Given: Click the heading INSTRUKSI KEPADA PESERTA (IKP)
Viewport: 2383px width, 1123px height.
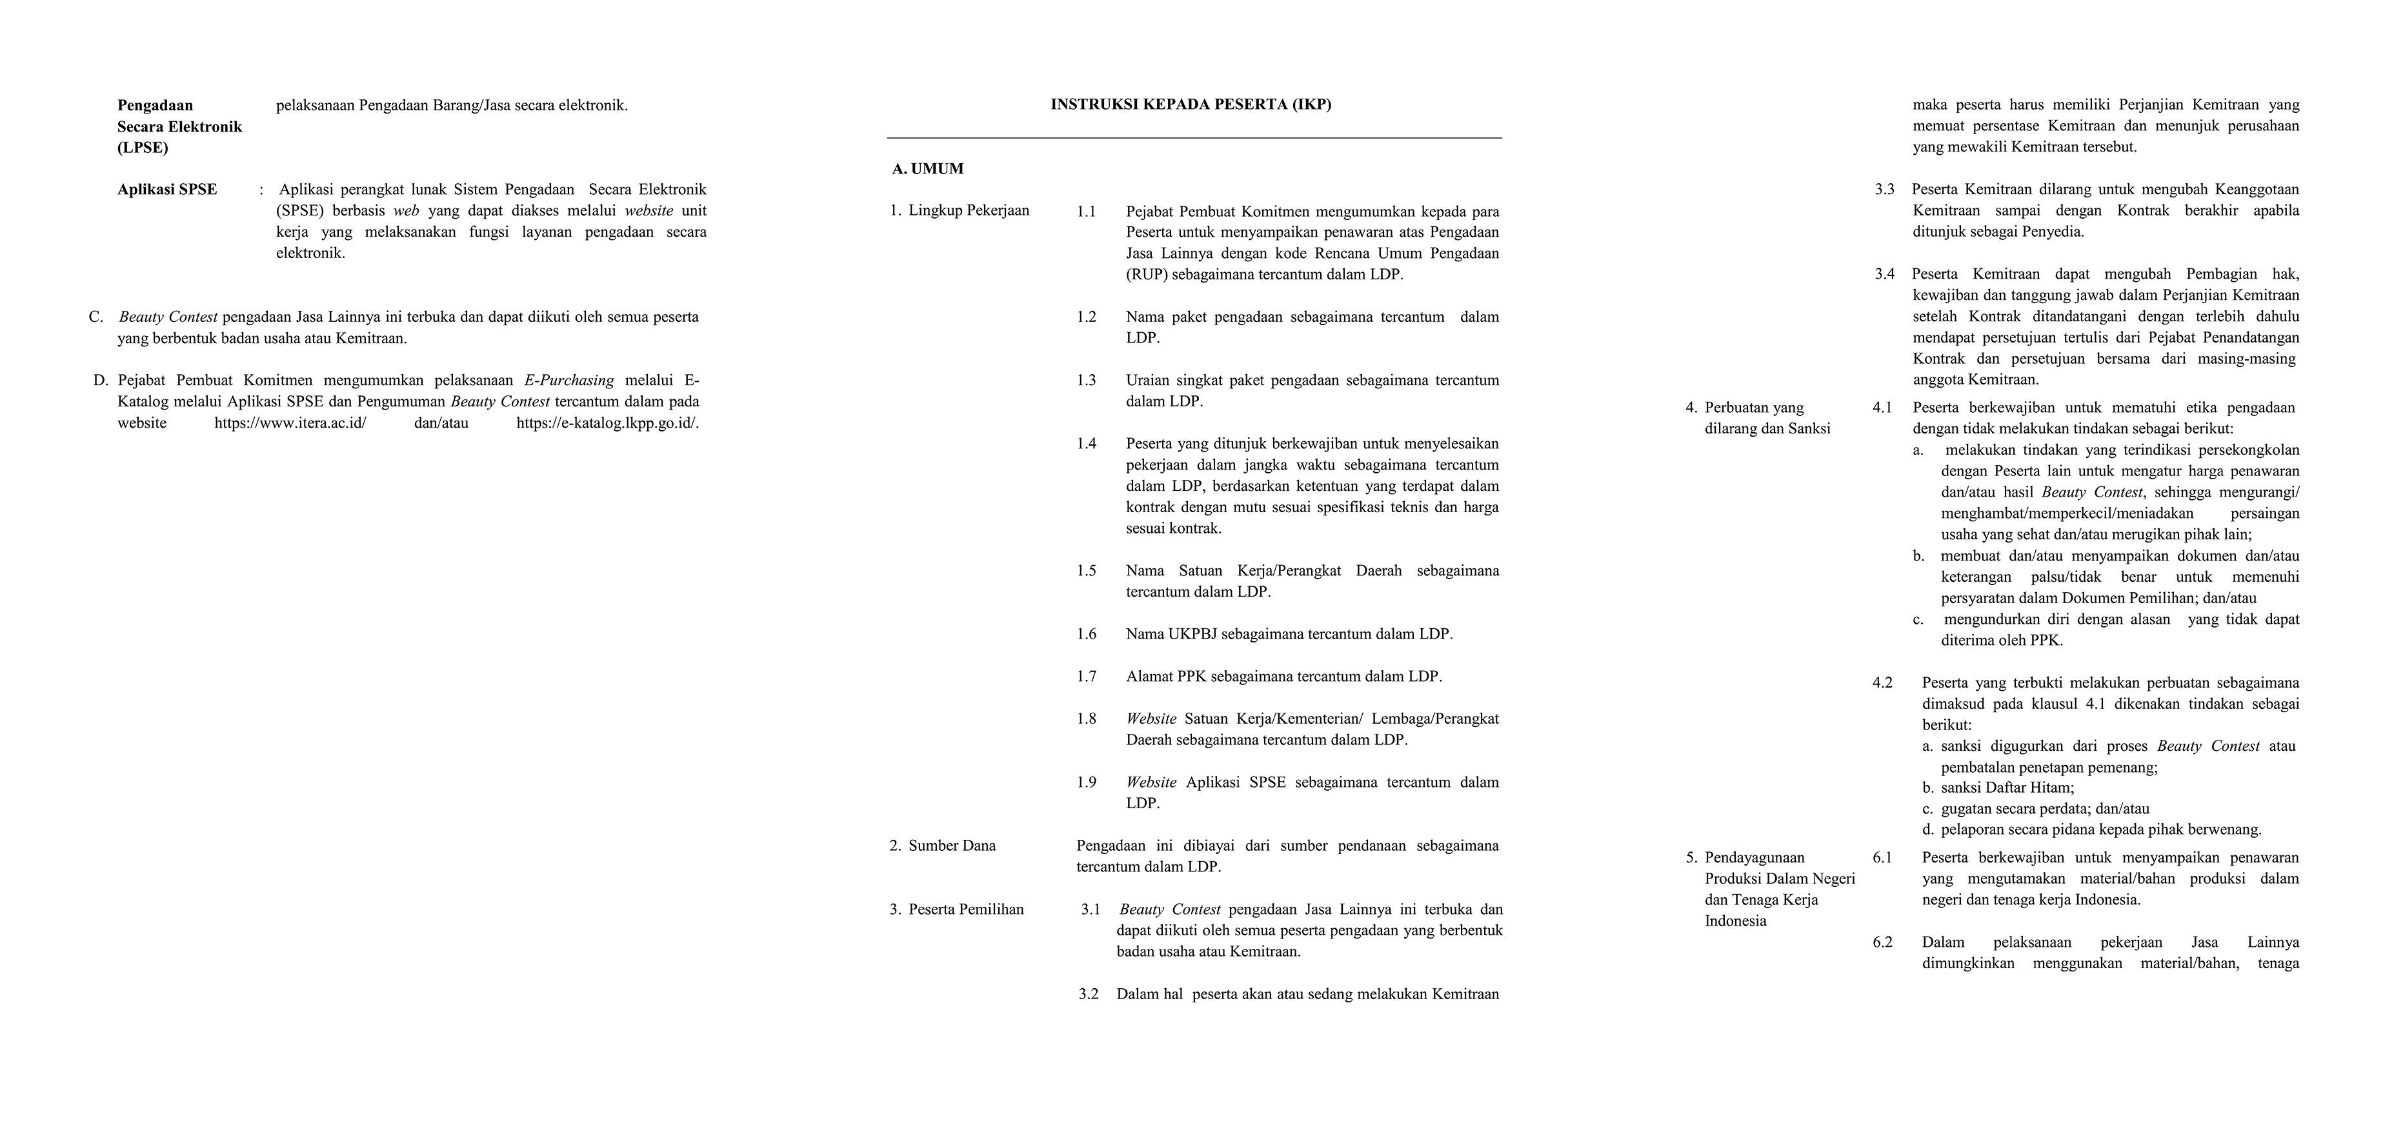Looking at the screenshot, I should (1191, 104).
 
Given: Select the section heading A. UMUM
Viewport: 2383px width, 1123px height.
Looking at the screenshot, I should (928, 168).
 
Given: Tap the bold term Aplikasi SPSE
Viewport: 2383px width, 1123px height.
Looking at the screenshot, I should (167, 190).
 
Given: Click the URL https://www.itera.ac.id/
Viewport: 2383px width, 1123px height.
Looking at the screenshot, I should (290, 422).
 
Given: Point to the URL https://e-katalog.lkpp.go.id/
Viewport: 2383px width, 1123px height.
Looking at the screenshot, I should (607, 422).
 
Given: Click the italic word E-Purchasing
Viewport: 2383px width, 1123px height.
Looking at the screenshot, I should (569, 380).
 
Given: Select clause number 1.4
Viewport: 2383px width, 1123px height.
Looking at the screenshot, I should (1086, 444).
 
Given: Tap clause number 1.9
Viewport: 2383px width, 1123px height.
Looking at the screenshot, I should (1086, 782).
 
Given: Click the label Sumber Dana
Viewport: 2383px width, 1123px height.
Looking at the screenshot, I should (952, 846).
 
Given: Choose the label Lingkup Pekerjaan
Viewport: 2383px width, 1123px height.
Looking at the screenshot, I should (969, 211).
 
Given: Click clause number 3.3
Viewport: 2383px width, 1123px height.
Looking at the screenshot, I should (1884, 190).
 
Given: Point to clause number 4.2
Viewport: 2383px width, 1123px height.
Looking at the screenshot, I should (1882, 682).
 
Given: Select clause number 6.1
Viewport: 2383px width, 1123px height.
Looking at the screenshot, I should (1882, 857).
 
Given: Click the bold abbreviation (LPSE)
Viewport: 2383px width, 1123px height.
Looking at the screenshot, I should (143, 148).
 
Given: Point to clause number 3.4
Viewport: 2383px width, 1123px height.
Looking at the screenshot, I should (1884, 273).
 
